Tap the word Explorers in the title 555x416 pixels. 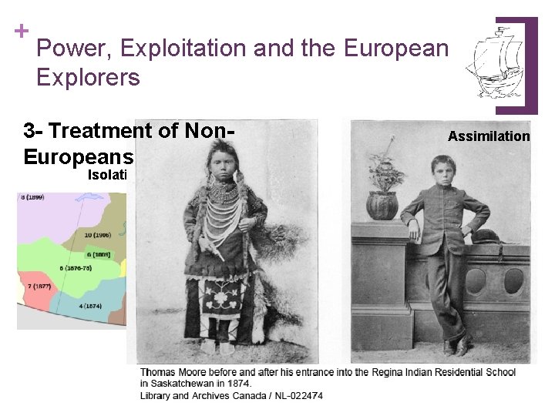pyautogui.click(x=87, y=78)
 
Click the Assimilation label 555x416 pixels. pyautogui.click(x=489, y=136)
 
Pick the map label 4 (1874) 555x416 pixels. pyautogui.click(x=92, y=306)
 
